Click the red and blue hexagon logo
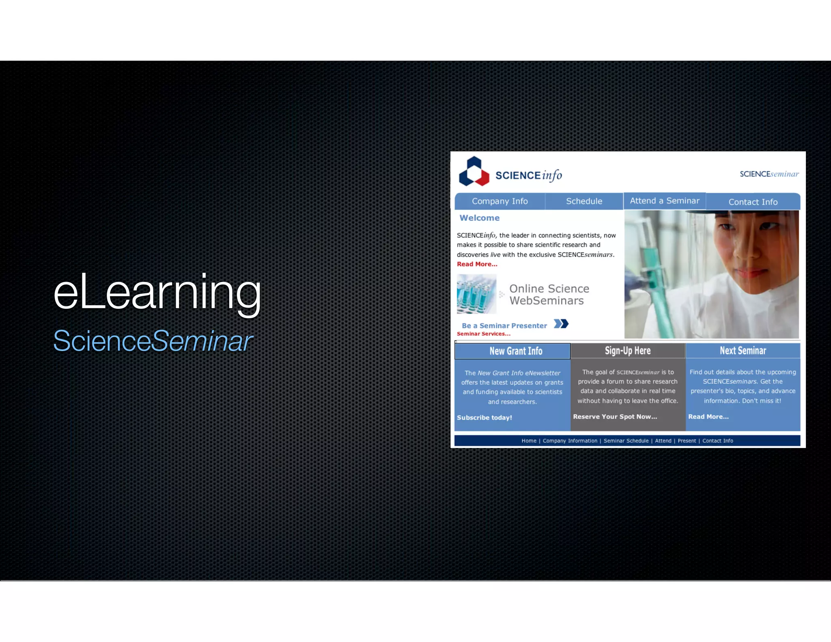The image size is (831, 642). pos(474,172)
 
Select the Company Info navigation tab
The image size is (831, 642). pos(499,201)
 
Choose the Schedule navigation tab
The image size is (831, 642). pos(584,201)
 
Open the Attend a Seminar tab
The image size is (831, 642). pos(664,201)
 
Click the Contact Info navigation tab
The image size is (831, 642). pos(753,202)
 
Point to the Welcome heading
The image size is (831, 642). pos(479,218)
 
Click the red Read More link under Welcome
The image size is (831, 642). pos(477,264)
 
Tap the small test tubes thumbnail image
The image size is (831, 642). pos(476,294)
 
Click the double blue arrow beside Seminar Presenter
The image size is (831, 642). pos(561,324)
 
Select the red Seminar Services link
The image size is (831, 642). pos(483,334)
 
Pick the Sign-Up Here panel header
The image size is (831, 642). pos(628,351)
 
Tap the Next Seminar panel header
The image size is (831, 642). pos(743,351)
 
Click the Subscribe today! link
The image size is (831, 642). pos(484,418)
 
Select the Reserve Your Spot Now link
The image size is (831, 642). pos(615,417)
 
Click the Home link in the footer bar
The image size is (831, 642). pos(529,441)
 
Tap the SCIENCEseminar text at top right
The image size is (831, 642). pos(769,174)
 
